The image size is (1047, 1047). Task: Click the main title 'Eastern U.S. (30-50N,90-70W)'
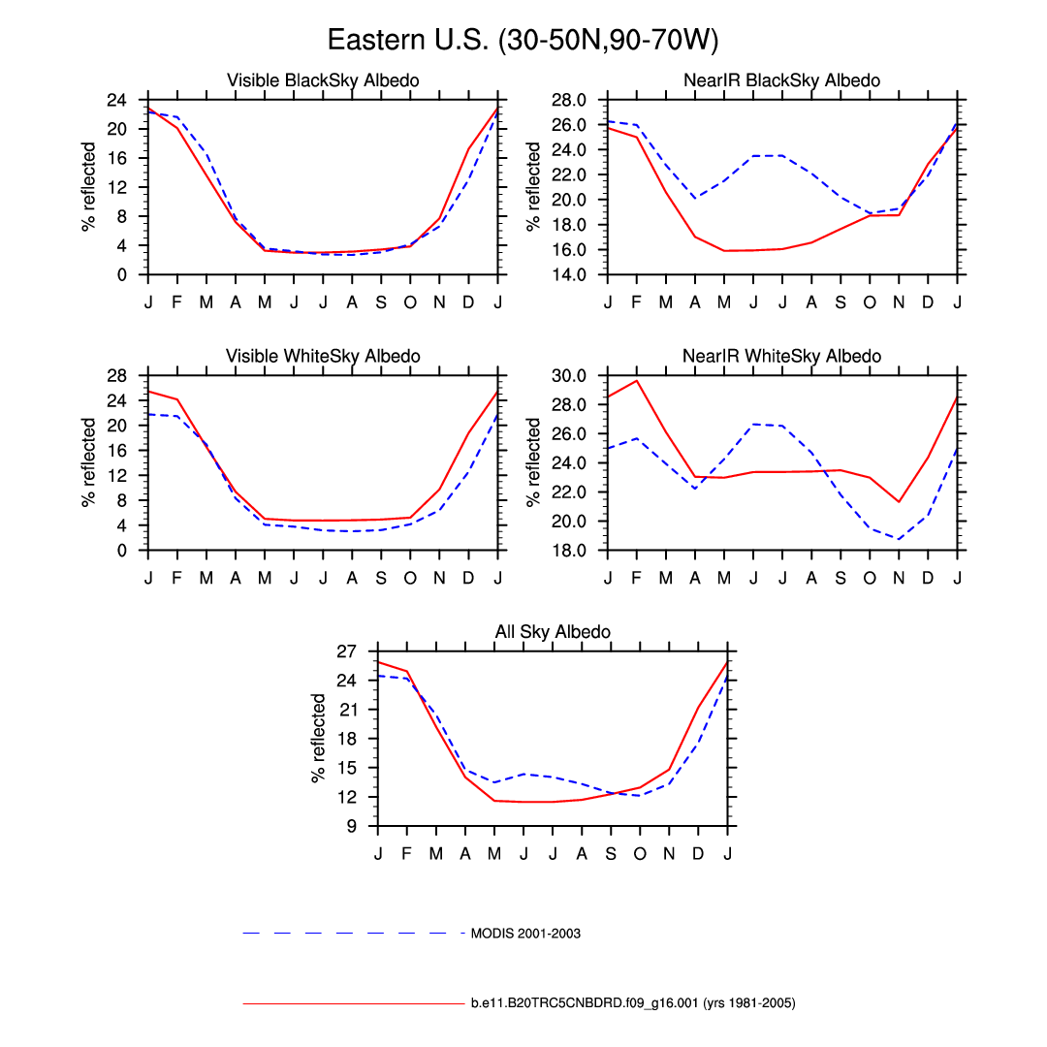click(523, 40)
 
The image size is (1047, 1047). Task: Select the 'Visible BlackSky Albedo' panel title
click(323, 80)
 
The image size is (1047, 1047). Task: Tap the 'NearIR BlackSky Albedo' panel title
click(781, 80)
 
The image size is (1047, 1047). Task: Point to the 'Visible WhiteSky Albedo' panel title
click(323, 356)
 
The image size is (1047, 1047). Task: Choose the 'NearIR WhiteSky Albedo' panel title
click(781, 356)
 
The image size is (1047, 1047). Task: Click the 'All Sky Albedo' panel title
click(553, 632)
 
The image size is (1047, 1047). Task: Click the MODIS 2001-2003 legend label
click(525, 934)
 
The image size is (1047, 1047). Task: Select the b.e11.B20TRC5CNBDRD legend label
click(633, 1003)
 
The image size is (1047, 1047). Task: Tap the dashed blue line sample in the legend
click(354, 934)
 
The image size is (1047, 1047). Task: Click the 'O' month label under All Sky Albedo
click(640, 853)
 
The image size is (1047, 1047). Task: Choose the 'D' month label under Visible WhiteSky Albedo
click(468, 578)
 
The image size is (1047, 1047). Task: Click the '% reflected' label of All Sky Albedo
click(319, 738)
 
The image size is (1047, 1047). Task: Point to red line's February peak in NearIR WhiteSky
click(637, 380)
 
